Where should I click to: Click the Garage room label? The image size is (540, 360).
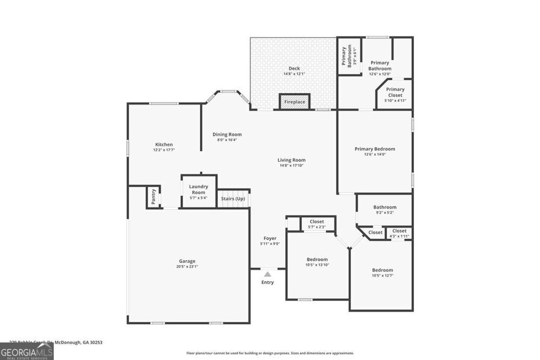pos(187,261)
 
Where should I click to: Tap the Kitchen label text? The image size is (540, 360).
pos(163,144)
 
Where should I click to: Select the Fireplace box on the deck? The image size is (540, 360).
pos(295,102)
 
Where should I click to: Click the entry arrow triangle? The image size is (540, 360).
pos(267,274)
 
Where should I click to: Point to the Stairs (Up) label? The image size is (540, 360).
pos(233,198)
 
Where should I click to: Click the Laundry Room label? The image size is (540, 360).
pos(198,189)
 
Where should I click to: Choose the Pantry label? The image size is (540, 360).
pos(153,197)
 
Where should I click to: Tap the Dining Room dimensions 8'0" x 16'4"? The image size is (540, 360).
pos(227,140)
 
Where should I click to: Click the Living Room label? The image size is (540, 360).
pos(292,160)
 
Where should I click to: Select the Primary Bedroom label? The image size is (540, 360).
pos(374,149)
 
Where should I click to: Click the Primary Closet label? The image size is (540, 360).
pos(395,92)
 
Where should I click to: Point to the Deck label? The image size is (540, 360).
pos(294,69)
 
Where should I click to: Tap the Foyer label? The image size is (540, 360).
pos(270,238)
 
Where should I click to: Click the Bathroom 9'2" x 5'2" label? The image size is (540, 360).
pos(384,207)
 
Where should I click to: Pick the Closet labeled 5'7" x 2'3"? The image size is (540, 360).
pos(317,222)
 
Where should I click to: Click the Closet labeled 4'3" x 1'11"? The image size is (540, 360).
pos(399,231)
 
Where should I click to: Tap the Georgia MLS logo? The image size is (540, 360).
pos(26,351)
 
